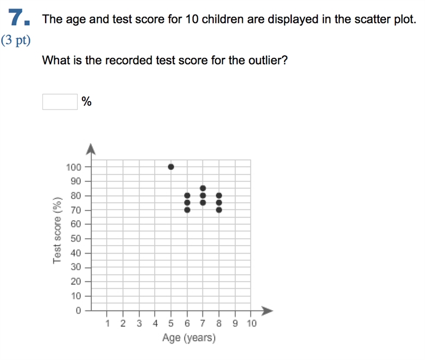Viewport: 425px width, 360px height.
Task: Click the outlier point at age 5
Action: tap(171, 167)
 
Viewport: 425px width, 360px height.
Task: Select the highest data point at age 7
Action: tap(203, 188)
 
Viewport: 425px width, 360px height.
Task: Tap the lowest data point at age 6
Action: tap(187, 210)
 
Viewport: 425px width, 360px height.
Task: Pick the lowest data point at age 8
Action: tap(219, 210)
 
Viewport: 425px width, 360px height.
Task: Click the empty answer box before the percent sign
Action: tap(60, 102)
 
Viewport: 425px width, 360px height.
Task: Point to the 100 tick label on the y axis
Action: tap(73, 167)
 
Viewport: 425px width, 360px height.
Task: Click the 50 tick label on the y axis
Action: tap(76, 238)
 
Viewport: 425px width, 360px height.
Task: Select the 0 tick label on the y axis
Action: tap(78, 310)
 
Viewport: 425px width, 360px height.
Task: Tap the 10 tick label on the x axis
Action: tap(251, 323)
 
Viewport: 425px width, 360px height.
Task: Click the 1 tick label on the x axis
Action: tap(108, 323)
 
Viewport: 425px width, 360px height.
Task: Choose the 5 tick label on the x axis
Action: tap(171, 323)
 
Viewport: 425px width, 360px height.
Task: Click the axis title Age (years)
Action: tap(189, 338)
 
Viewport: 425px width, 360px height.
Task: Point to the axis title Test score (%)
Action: tap(57, 230)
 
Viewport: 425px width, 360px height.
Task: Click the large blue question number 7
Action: tap(19, 18)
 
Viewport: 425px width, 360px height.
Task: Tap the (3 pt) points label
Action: tap(16, 40)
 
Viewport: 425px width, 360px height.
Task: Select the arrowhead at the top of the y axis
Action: tap(90, 149)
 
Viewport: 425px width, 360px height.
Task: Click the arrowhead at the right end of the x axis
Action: tap(267, 311)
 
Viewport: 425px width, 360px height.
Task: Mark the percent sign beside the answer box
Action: tap(87, 102)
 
